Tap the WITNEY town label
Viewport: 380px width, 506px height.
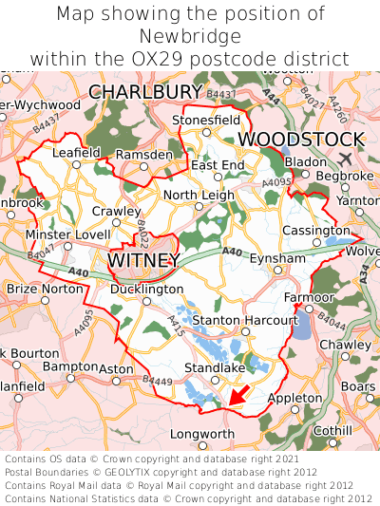(x=143, y=259)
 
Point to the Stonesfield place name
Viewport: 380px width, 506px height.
(x=206, y=121)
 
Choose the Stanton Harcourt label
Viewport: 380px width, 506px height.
(x=233, y=321)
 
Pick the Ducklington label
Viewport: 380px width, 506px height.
(x=146, y=289)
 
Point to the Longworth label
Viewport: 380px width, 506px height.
(x=201, y=434)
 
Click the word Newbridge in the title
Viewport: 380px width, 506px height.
(x=190, y=36)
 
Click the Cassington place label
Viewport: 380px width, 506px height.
(x=316, y=230)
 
